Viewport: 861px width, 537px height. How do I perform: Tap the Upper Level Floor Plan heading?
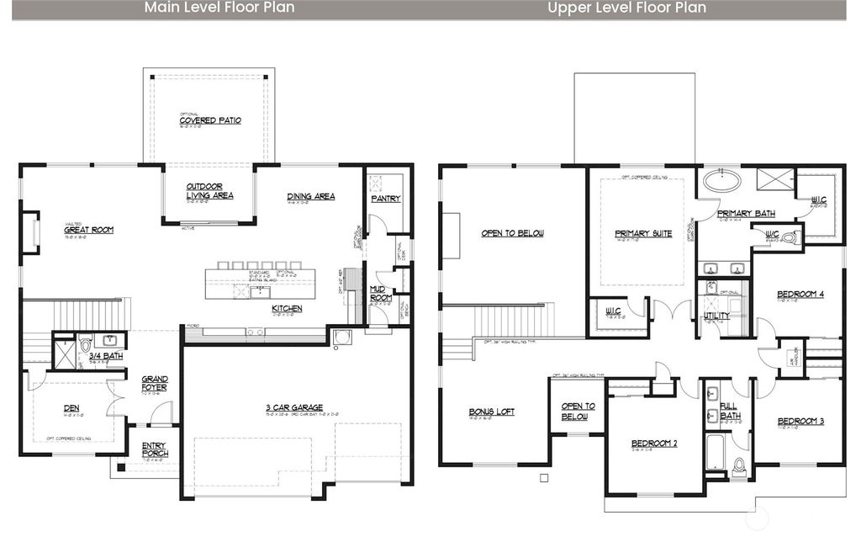626,8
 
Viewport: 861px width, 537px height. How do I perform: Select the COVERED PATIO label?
210,120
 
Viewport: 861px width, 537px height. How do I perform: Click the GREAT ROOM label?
88,229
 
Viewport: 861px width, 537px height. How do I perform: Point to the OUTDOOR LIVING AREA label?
209,191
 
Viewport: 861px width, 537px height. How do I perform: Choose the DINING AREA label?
310,196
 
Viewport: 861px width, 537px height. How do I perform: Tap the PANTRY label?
385,199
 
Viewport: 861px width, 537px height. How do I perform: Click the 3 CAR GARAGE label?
294,407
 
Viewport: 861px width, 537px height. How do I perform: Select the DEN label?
71,409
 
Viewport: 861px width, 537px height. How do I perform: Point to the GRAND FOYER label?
154,383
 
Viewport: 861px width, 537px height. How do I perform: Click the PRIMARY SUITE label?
643,233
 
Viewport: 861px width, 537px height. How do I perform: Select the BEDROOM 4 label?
800,294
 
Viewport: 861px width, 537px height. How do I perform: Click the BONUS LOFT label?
491,412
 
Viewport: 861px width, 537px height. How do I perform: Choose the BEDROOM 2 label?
654,443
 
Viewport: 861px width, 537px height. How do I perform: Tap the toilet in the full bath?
739,466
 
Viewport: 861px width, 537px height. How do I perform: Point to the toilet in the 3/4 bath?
85,345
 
